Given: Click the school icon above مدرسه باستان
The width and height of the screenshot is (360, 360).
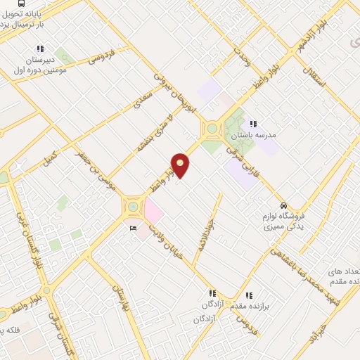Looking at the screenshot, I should pos(253,124).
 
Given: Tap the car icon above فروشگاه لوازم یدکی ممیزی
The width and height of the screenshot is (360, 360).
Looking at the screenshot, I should pos(283,206).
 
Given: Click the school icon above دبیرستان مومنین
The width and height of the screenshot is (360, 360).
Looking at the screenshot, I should pos(40,49).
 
